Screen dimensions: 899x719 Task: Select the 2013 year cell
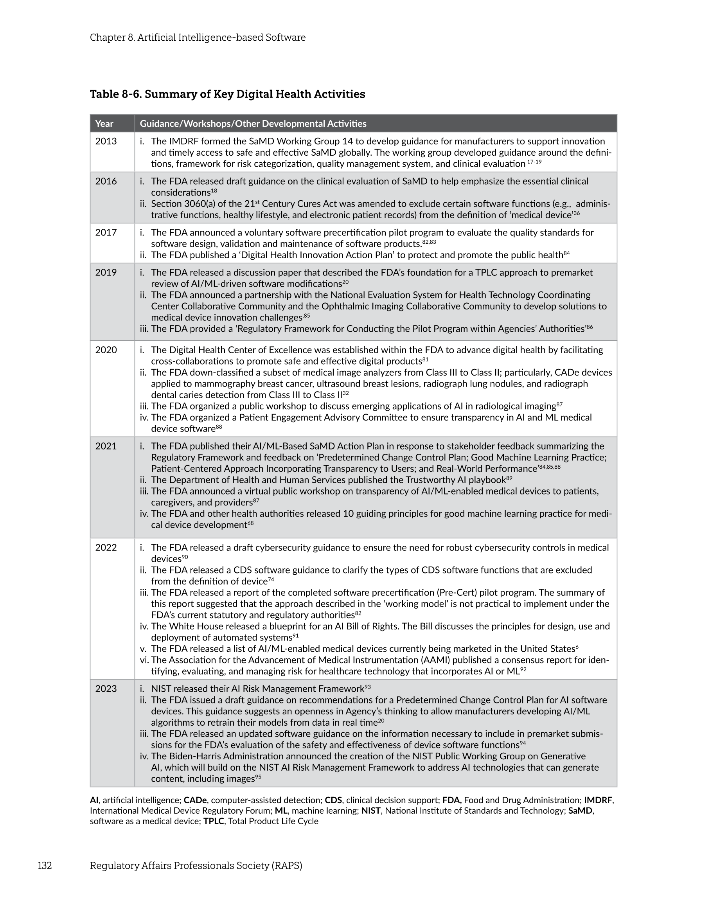(106, 141)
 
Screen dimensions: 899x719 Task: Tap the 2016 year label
(106, 182)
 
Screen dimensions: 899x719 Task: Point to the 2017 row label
(106, 233)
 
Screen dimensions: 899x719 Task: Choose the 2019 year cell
(106, 273)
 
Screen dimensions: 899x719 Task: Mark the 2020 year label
(106, 350)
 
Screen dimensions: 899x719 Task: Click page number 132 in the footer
(45, 866)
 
